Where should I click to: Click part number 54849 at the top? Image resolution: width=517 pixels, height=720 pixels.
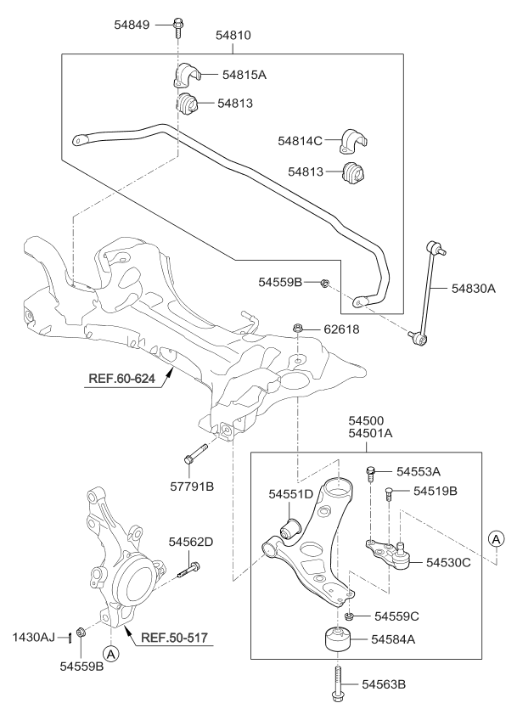pos(132,25)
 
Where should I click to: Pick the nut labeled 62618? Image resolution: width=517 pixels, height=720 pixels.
pos(298,328)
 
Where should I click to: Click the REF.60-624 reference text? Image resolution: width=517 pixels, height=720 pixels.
pos(119,378)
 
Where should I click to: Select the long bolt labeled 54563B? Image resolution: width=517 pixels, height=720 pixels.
pos(340,683)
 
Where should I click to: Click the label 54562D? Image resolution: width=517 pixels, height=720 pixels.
pos(191,541)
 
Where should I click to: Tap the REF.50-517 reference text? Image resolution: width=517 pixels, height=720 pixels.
pos(175,635)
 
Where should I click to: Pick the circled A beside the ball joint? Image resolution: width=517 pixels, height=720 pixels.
pos(495,537)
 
